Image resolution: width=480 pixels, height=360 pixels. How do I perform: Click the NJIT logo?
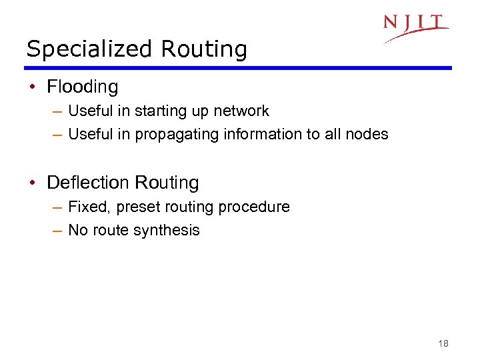[415, 27]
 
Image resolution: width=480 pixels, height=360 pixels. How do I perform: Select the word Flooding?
[83, 87]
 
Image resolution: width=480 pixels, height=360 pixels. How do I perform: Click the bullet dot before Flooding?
[33, 87]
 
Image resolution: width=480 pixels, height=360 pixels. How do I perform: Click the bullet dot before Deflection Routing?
[33, 183]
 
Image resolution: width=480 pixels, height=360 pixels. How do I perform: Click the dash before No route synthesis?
[57, 231]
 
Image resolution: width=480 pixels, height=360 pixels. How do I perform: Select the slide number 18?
[443, 344]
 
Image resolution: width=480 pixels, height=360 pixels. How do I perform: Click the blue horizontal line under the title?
[238, 67]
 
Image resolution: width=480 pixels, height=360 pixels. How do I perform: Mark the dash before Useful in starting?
[57, 111]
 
